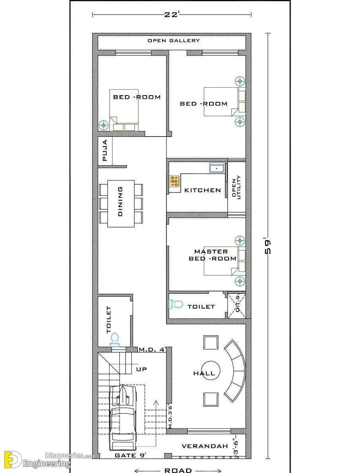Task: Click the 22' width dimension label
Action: tap(172, 14)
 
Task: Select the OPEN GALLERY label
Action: tap(174, 41)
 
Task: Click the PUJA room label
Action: tap(105, 150)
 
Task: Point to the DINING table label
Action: tap(120, 201)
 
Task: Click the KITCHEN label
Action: tap(202, 190)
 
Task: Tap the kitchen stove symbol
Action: tap(174, 181)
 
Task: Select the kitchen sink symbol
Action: tap(217, 168)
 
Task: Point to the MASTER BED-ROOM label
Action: tap(212, 255)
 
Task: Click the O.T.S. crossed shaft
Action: tap(236, 306)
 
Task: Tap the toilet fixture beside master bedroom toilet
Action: tap(176, 304)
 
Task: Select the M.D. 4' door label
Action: tap(153, 350)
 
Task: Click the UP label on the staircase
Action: tap(141, 369)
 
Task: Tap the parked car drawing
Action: tap(123, 418)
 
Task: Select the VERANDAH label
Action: tap(205, 446)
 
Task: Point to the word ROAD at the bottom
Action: tap(178, 470)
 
